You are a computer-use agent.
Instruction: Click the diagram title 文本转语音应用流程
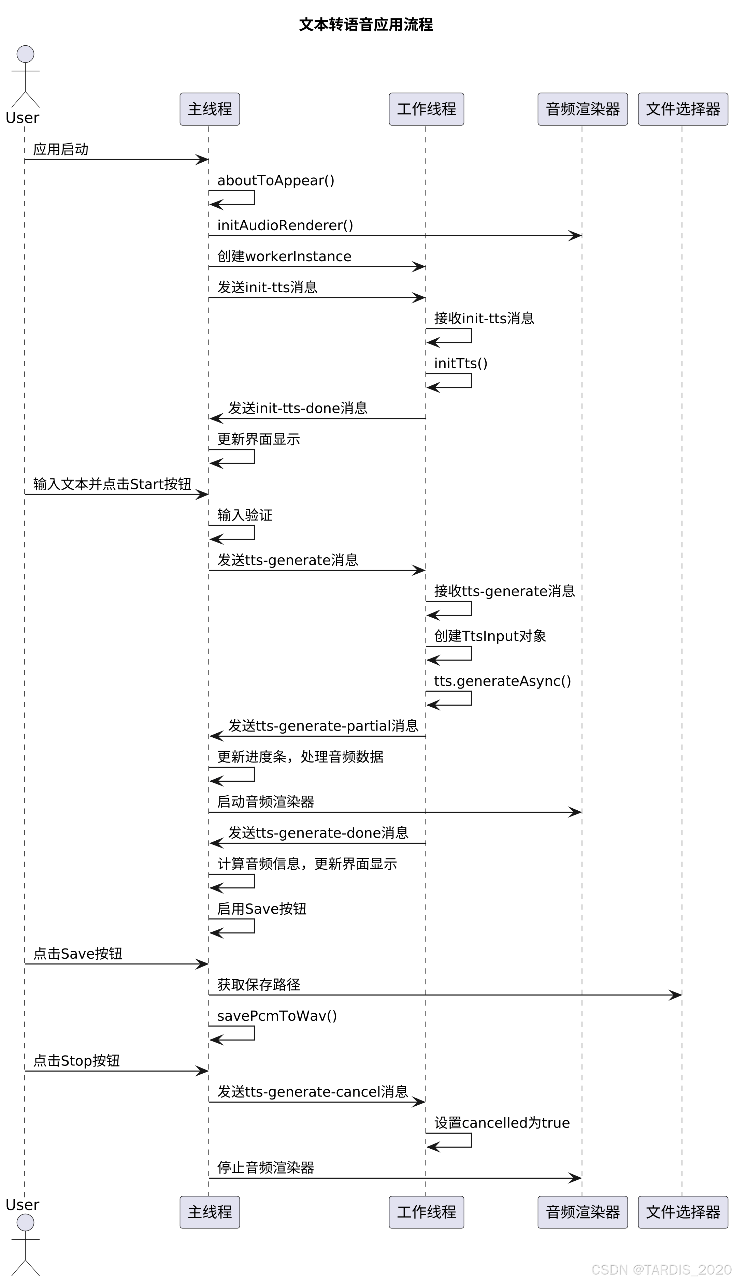coord(366,25)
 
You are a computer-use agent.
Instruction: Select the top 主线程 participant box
coord(210,109)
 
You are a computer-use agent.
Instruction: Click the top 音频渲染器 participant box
coord(583,109)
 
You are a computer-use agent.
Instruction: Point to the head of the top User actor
coord(25,54)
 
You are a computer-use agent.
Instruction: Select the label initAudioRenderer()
coord(285,225)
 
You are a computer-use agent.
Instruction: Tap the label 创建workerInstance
coord(284,256)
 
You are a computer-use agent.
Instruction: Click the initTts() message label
coord(461,363)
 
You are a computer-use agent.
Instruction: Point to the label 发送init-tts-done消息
coord(298,408)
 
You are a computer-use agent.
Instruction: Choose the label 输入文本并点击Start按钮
coord(112,484)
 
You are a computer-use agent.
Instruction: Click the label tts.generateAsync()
coord(502,681)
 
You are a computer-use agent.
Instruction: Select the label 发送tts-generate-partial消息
coord(323,726)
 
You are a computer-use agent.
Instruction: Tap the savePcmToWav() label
coord(277,1016)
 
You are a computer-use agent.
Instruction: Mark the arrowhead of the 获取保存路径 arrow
coord(676,995)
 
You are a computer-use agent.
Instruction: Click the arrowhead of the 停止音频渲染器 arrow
coord(575,1178)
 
